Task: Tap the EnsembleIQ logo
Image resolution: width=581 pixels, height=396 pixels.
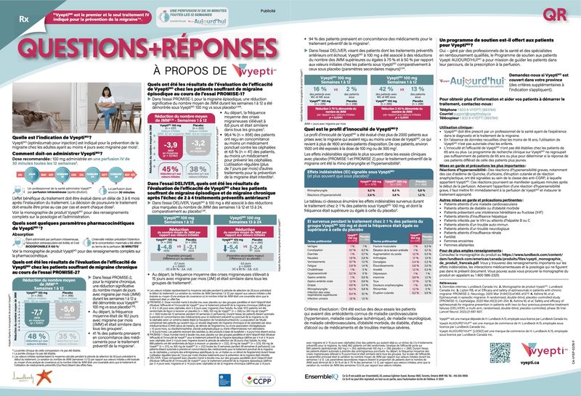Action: coord(319,378)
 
